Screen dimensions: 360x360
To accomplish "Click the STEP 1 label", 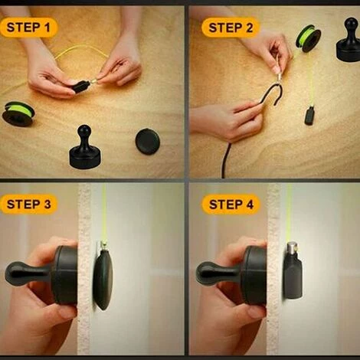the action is click(28, 28).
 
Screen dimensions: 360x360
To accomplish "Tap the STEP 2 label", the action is click(231, 28).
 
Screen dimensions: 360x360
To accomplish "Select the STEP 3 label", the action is click(28, 205).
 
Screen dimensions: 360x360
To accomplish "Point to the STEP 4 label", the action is click(231, 205).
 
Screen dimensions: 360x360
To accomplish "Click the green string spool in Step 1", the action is click(18, 113).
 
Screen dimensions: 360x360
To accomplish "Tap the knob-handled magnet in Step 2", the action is click(349, 40).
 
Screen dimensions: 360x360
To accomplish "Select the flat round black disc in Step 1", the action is click(148, 142).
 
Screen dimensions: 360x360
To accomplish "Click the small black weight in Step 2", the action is click(309, 116).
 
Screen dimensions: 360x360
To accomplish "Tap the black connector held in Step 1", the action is click(80, 87).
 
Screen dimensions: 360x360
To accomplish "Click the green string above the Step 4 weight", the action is click(289, 212).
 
